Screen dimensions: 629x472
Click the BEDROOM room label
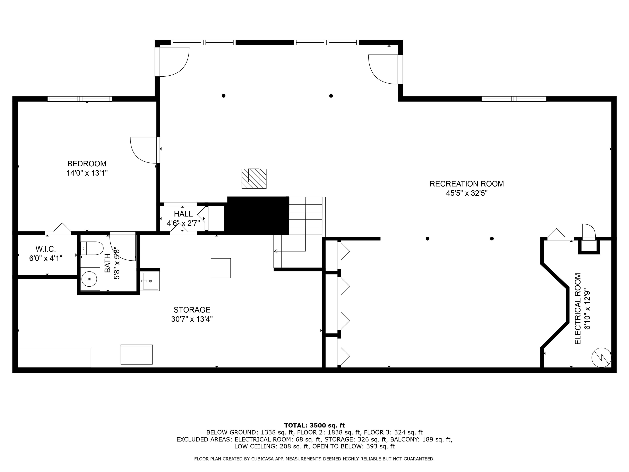tap(87, 164)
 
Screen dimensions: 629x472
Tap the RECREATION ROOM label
tap(467, 184)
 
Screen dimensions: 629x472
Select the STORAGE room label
tap(192, 310)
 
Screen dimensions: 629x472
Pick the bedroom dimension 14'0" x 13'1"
tap(87, 173)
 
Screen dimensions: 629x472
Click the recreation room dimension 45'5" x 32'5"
tap(467, 193)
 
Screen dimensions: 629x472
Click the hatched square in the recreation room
tap(254, 179)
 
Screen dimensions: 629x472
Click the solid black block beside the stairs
tap(258, 215)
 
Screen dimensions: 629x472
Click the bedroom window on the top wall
tap(80, 99)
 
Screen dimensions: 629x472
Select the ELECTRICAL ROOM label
tap(578, 309)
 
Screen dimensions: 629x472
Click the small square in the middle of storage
tap(221, 268)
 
